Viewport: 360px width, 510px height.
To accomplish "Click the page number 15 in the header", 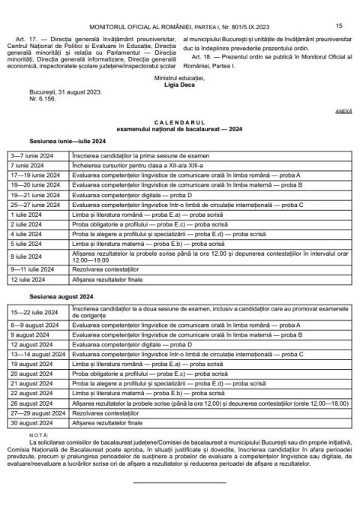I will pyautogui.click(x=339, y=5).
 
